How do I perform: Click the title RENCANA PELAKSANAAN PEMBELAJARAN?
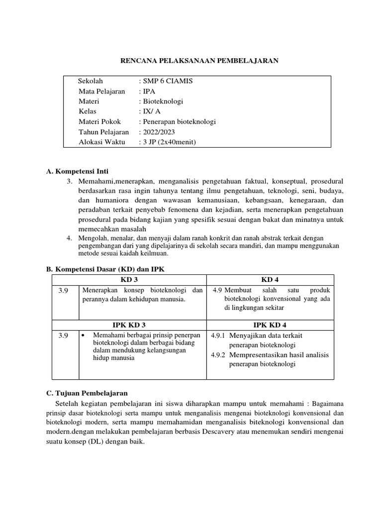(x=200, y=61)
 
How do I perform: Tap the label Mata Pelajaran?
(x=102, y=91)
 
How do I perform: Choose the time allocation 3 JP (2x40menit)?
(x=170, y=143)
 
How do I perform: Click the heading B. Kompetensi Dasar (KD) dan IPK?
(x=104, y=269)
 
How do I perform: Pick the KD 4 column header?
(x=270, y=280)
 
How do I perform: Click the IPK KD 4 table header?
(x=270, y=325)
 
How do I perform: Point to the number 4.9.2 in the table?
(x=218, y=355)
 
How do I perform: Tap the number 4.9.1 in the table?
(x=218, y=336)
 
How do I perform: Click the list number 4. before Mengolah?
(x=70, y=238)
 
